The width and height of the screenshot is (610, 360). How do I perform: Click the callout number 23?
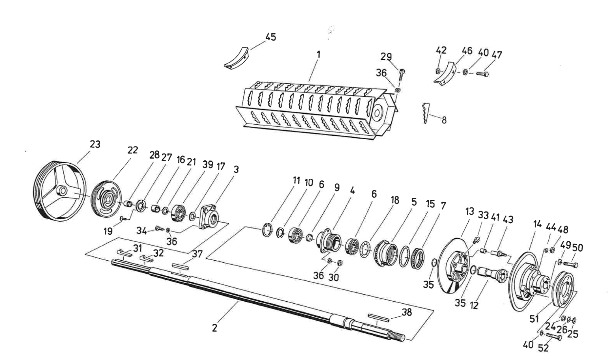click(x=95, y=144)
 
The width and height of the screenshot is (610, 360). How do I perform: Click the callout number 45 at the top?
click(x=271, y=37)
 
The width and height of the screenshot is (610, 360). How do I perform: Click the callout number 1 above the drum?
click(x=318, y=54)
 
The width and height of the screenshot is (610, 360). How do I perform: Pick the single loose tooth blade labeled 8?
click(x=425, y=113)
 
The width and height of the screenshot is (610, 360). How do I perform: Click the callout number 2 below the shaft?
click(x=214, y=328)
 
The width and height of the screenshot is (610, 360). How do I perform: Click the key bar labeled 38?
click(x=378, y=317)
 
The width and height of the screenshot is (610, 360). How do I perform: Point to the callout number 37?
click(x=197, y=254)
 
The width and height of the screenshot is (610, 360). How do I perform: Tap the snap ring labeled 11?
click(x=267, y=230)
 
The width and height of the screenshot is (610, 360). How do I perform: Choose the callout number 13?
click(x=470, y=211)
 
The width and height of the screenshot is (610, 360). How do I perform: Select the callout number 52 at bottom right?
click(x=543, y=348)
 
